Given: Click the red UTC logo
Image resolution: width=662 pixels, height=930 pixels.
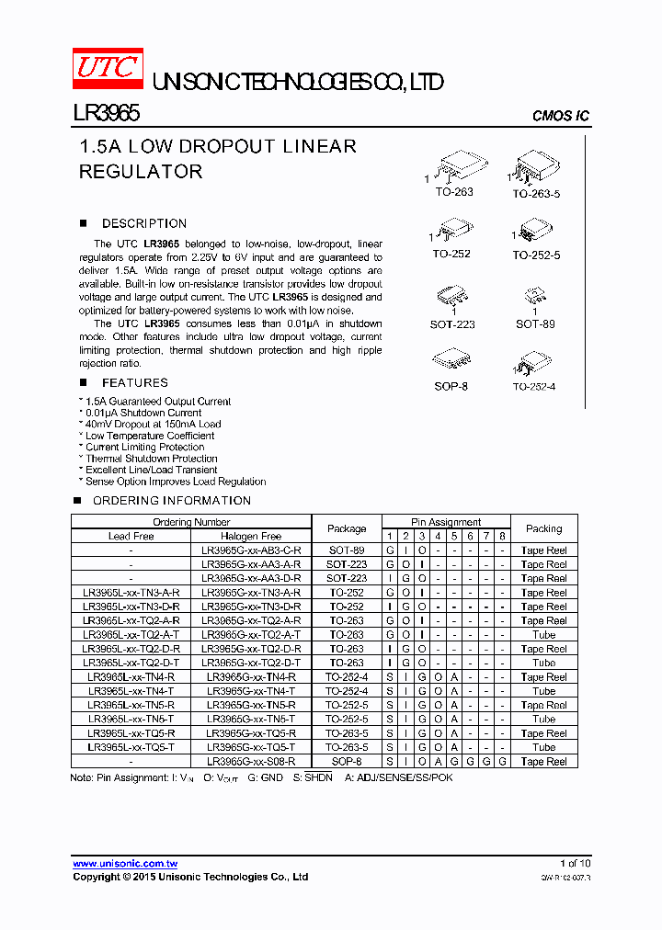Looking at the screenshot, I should [x=108, y=69].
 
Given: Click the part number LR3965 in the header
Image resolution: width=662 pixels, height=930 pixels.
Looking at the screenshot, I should [x=106, y=113].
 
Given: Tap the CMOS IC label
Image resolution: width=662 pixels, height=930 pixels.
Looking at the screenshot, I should [x=561, y=116].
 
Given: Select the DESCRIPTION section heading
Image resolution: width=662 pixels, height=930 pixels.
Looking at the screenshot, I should [x=143, y=223].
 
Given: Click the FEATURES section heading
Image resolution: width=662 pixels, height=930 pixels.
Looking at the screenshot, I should [x=134, y=382].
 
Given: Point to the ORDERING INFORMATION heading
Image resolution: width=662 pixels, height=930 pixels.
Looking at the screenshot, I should [x=171, y=501].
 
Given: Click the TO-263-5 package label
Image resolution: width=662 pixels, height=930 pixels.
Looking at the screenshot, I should [x=536, y=194].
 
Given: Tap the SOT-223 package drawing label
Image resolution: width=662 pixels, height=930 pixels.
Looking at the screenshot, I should [x=452, y=324].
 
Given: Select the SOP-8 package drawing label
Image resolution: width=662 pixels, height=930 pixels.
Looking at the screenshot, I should [x=451, y=386].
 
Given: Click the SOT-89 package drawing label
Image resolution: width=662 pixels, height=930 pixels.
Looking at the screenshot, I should [x=535, y=324].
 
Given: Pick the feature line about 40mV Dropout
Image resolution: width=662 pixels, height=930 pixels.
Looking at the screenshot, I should [x=152, y=425].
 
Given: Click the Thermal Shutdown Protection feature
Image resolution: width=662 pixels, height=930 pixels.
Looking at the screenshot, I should [x=151, y=459].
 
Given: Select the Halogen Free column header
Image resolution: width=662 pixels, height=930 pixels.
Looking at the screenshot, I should [x=251, y=536].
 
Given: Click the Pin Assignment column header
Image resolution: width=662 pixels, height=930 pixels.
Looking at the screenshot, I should [x=446, y=522].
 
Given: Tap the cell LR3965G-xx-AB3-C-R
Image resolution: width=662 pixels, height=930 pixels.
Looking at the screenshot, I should [x=251, y=550].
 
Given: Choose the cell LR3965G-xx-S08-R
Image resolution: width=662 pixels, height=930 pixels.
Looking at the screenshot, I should [x=251, y=762].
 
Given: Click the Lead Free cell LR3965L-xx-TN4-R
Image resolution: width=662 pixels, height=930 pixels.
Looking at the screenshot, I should [x=131, y=676].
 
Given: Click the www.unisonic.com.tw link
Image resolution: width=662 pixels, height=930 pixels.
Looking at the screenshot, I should [x=125, y=864].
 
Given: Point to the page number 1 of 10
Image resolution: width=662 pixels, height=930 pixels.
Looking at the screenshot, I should [x=576, y=863].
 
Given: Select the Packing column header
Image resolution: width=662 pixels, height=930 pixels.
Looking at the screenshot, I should [x=543, y=528].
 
